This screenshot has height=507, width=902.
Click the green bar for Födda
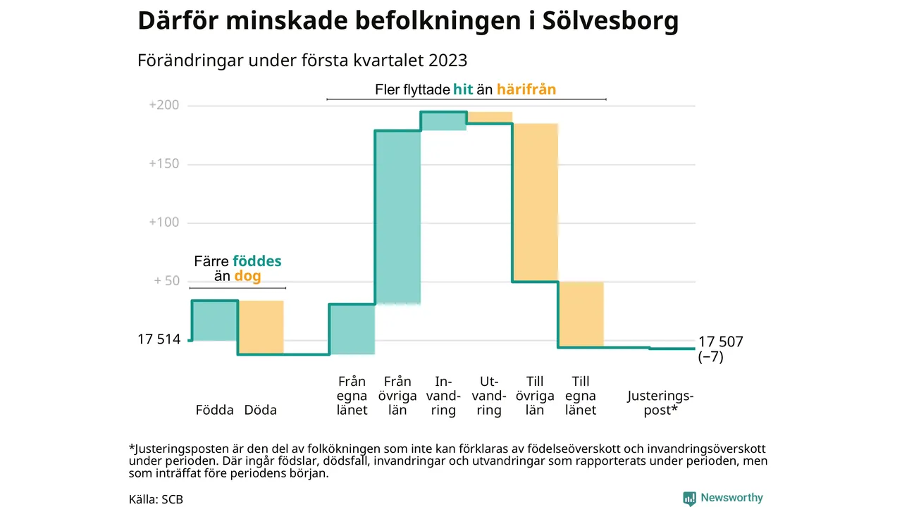coord(215,320)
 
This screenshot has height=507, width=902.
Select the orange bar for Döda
coord(261,327)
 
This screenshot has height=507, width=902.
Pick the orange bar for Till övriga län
coord(535,203)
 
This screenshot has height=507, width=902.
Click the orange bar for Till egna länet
coord(581,314)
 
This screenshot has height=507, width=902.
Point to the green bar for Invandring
coord(443,121)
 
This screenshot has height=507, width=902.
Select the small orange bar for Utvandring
coord(489,118)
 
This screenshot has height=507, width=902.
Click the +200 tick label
coord(164,106)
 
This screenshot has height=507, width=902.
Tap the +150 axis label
coord(164,164)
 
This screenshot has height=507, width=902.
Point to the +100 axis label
coord(164,223)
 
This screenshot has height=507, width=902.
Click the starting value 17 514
coord(159,339)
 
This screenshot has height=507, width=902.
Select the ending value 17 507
coord(720,342)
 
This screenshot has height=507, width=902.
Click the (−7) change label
coord(710,357)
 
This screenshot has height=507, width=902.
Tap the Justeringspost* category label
coord(660,403)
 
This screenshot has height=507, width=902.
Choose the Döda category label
coord(260,410)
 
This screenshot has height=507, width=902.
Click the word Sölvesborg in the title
coord(610,21)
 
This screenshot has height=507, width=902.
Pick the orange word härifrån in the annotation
coord(526,89)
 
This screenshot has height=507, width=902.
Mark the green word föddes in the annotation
coord(257,261)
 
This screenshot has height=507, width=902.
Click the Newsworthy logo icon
coord(689,499)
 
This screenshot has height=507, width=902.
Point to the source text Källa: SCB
coord(156,499)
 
